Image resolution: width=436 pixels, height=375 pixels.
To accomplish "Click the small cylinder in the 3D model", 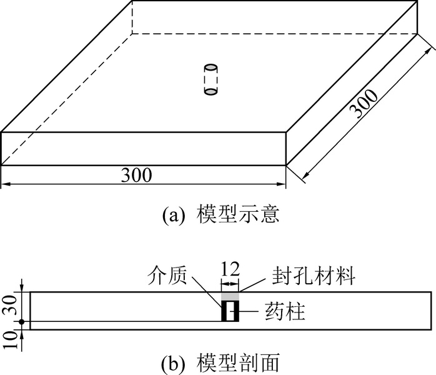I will [x=212, y=79].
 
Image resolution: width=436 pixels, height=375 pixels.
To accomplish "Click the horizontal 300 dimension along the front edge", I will [x=137, y=176].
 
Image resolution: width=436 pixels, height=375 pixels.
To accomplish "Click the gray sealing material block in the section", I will [x=230, y=295].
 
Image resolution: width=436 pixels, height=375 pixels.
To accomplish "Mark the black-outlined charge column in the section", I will [x=230, y=311].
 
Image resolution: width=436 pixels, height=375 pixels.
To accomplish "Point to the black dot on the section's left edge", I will [x=22, y=322].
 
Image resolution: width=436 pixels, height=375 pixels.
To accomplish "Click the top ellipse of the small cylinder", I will [x=212, y=67].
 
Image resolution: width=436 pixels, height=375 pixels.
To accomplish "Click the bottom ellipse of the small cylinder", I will [x=212, y=92].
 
